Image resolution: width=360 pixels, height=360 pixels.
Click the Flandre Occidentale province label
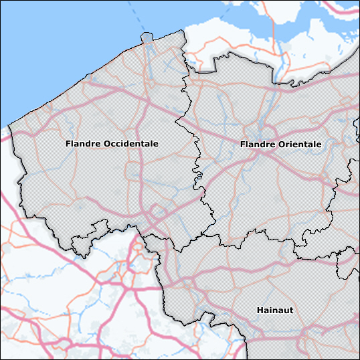112,144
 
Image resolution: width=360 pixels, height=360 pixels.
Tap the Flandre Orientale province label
280,145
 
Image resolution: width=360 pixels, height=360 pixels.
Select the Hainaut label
275,310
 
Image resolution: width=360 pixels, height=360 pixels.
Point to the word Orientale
299,145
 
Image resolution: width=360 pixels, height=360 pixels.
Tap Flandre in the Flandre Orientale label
256,145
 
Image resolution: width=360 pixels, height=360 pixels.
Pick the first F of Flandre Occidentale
68,144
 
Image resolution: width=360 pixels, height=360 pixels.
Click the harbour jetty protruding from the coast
147,38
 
